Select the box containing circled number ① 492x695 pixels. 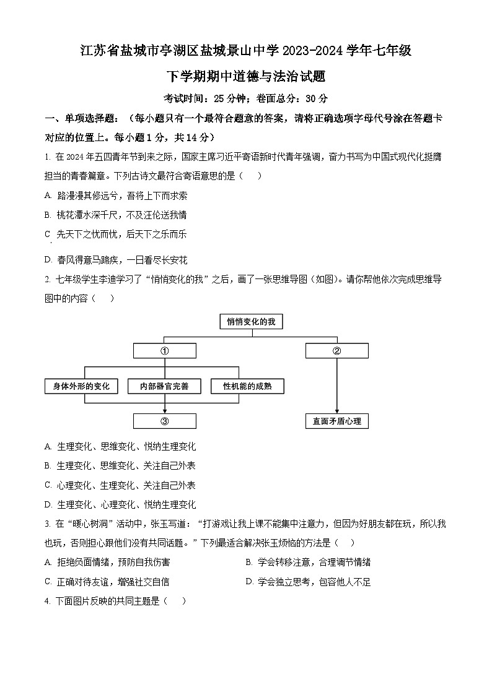[165, 351]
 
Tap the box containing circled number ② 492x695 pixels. [336, 351]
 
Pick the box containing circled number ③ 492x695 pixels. [165, 421]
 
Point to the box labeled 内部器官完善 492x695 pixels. [164, 386]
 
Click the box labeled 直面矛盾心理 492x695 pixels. [336, 421]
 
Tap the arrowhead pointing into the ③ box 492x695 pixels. [165, 410]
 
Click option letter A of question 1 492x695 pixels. [48, 196]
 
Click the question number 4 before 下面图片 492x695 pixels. [47, 601]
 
